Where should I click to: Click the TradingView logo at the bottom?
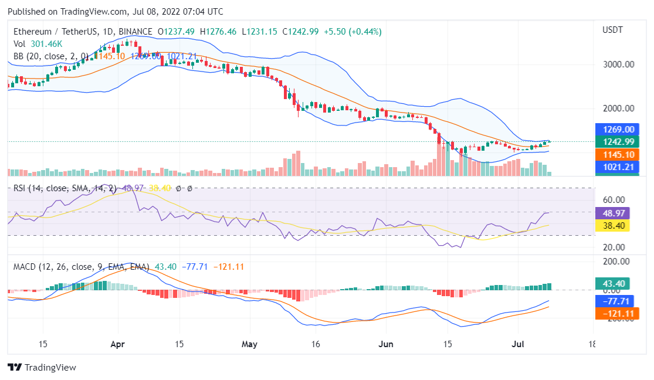42,368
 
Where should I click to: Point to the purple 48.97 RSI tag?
612,213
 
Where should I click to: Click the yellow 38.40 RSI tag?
612,225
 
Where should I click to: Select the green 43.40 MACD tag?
612,283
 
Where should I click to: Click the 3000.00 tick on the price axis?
618,65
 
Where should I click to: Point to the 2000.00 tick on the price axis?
618,108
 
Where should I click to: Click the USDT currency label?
612,30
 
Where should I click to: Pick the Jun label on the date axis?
385,344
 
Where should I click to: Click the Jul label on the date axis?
518,344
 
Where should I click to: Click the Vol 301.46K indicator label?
38,43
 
